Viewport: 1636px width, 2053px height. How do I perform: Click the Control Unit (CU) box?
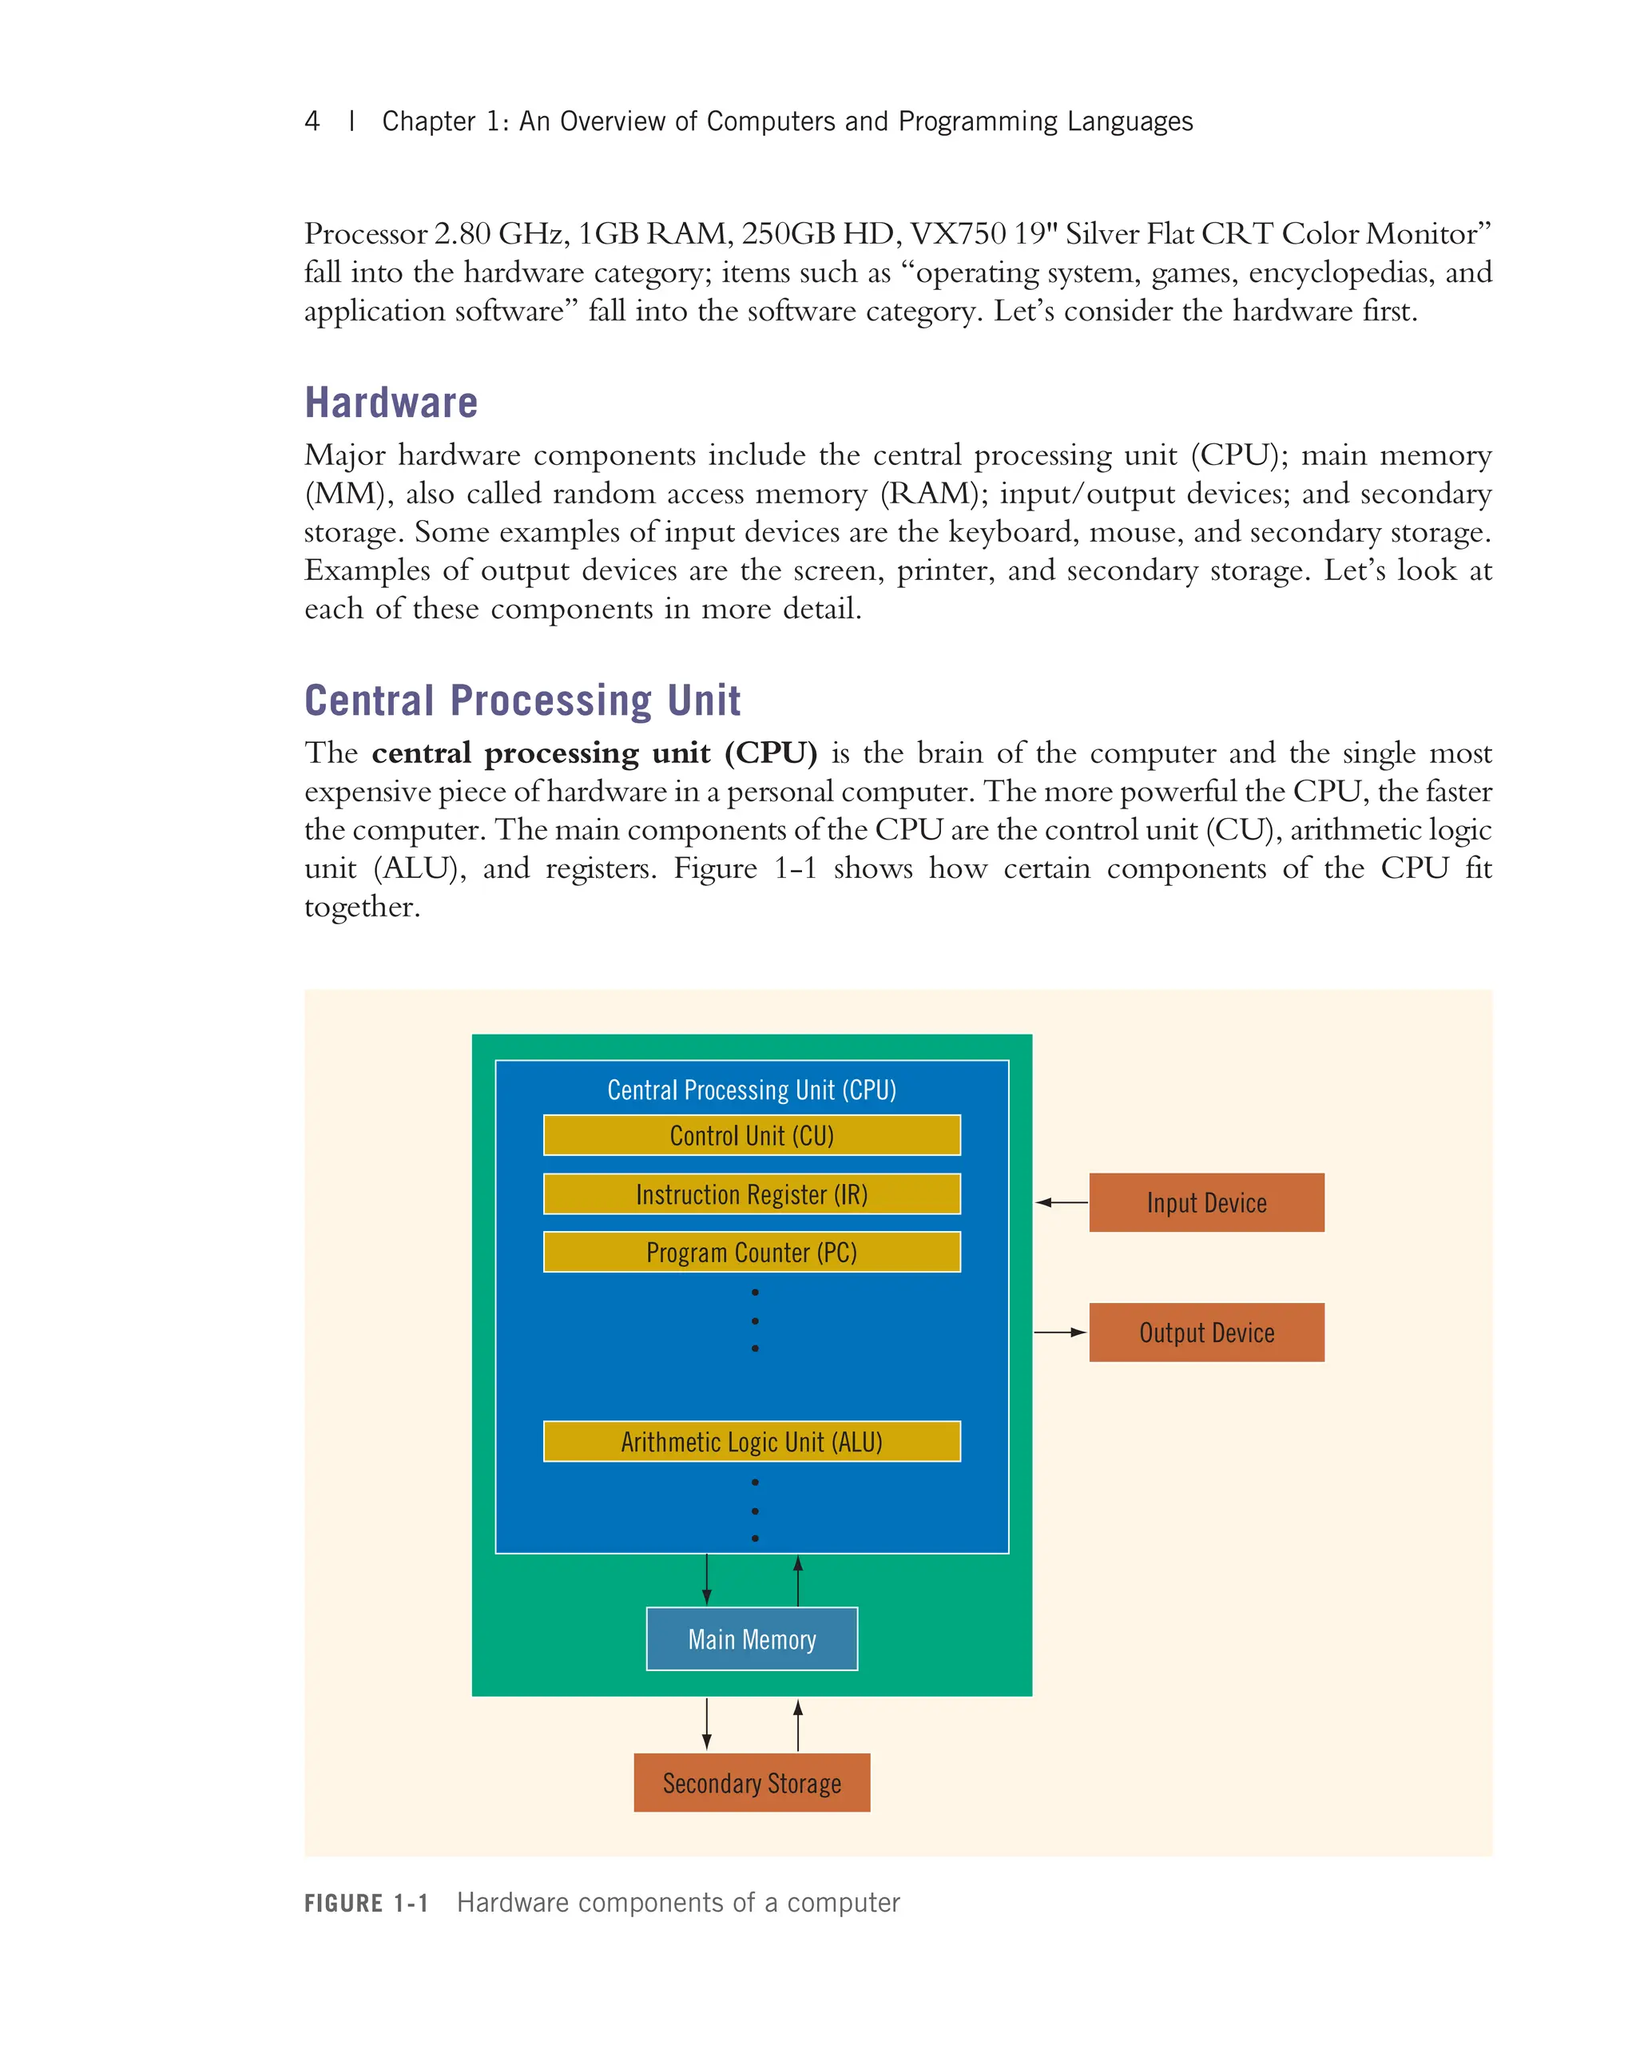[x=752, y=1135]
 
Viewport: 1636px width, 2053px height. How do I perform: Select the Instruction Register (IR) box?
[x=752, y=1194]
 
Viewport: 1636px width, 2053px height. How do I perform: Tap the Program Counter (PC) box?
[x=752, y=1253]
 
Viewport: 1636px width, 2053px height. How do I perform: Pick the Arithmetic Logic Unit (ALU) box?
[x=752, y=1442]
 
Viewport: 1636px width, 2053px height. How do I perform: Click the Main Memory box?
[x=752, y=1638]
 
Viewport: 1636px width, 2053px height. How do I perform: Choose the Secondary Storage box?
[x=752, y=1782]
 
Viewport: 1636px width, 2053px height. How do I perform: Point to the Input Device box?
[x=1205, y=1203]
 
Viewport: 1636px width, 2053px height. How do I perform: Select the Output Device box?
[x=1205, y=1332]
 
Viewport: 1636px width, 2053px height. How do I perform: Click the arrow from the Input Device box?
[x=1061, y=1203]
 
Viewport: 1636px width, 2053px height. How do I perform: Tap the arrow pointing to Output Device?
[x=1059, y=1332]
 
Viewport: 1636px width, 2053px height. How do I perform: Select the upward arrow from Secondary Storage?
[x=798, y=1725]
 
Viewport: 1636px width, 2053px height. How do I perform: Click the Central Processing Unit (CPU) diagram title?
[x=752, y=1090]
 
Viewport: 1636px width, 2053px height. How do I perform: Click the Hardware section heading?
[x=391, y=403]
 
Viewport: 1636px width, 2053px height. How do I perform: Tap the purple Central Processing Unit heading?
[x=522, y=701]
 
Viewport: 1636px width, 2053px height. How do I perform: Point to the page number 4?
[x=312, y=121]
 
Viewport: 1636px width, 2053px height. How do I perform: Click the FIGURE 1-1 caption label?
[x=366, y=1903]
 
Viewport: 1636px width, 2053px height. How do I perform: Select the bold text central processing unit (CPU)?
[x=594, y=753]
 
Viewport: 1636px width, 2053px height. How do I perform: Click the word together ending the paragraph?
[x=361, y=907]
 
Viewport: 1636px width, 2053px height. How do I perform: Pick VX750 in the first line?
[x=958, y=233]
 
